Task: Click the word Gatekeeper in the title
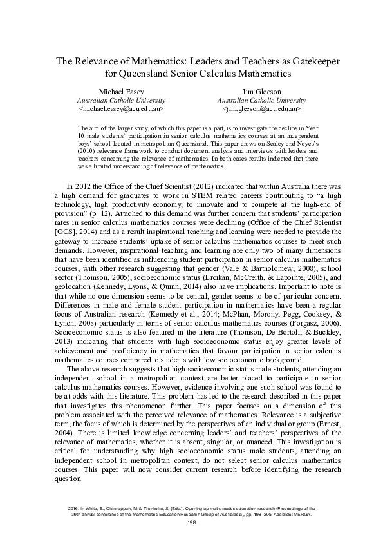tap(305, 61)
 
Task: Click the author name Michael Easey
tap(121, 92)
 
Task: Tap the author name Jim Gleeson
tap(261, 92)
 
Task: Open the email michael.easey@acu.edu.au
tap(121, 110)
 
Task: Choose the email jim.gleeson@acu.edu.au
tap(261, 110)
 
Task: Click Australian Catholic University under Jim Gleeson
tap(261, 101)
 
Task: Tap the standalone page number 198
tap(191, 522)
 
